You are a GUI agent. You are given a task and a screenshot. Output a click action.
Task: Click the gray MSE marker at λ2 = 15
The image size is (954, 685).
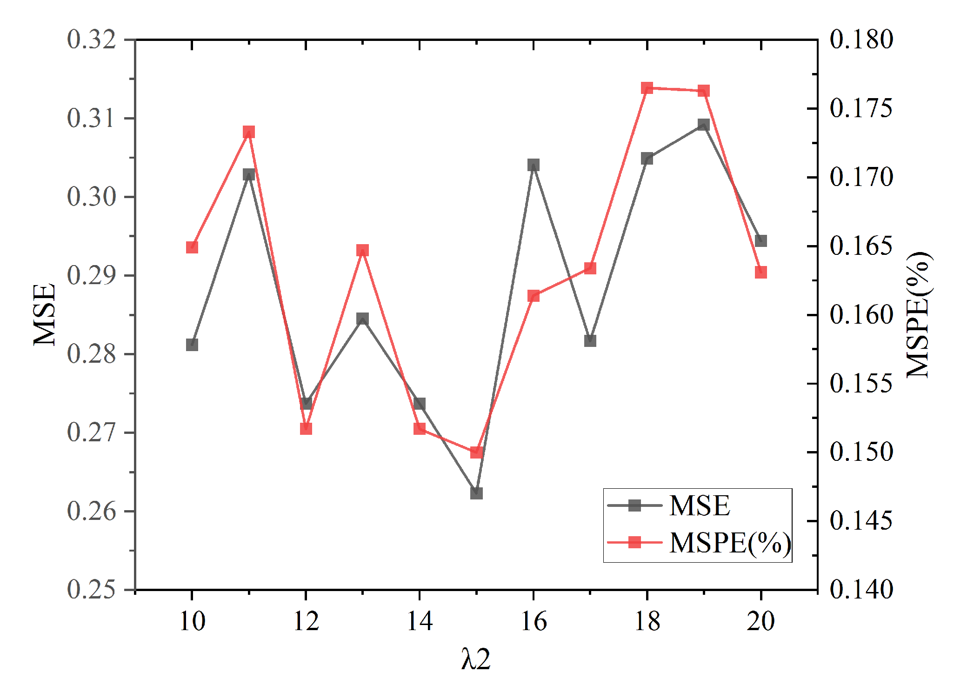point(476,493)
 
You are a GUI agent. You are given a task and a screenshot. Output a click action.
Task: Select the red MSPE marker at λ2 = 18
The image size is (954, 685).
point(647,88)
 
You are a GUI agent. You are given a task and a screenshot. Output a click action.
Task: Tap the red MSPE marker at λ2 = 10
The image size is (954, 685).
point(192,247)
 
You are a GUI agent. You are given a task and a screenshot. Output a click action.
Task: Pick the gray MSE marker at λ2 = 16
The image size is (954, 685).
point(534,165)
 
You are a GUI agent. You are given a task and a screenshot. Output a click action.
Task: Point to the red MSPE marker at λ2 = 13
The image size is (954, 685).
point(363,251)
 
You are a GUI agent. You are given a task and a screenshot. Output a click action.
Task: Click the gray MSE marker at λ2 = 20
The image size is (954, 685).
point(761,241)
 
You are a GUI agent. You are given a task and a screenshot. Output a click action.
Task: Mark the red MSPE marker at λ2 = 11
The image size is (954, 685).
point(249,132)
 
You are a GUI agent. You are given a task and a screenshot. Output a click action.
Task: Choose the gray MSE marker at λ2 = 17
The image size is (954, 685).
point(590,340)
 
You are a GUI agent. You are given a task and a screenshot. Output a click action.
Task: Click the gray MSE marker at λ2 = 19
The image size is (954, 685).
point(704,125)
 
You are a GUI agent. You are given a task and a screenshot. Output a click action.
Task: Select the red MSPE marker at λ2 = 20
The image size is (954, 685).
point(761,273)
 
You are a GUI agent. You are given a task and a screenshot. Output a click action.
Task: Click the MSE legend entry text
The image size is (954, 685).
point(700,505)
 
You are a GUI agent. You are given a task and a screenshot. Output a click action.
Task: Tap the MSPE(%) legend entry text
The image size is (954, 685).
point(730,543)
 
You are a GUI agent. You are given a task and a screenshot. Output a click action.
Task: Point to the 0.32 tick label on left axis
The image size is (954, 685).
point(91,40)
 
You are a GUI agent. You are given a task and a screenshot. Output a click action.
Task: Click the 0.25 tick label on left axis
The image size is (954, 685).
point(91,590)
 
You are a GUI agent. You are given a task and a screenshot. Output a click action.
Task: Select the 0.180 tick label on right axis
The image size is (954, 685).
point(861,40)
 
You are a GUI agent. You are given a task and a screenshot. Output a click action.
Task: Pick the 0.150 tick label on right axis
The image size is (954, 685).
point(861,452)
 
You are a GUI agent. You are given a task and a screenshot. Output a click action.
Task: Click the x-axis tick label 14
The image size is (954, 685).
point(420,621)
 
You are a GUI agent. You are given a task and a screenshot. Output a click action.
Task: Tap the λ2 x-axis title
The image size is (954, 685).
point(476,659)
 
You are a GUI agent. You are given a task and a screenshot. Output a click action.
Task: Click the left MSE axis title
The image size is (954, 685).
point(45,315)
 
